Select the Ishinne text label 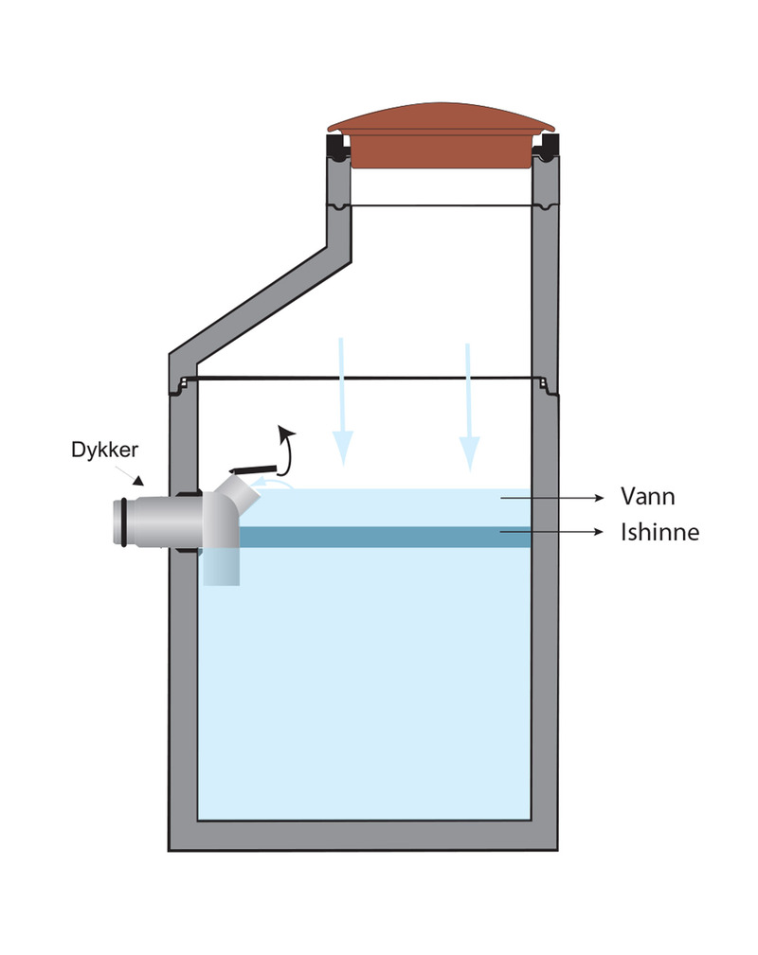[659, 532]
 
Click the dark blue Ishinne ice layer [379, 537]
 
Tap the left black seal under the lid [336, 147]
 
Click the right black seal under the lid [547, 147]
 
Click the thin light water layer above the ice [398, 507]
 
